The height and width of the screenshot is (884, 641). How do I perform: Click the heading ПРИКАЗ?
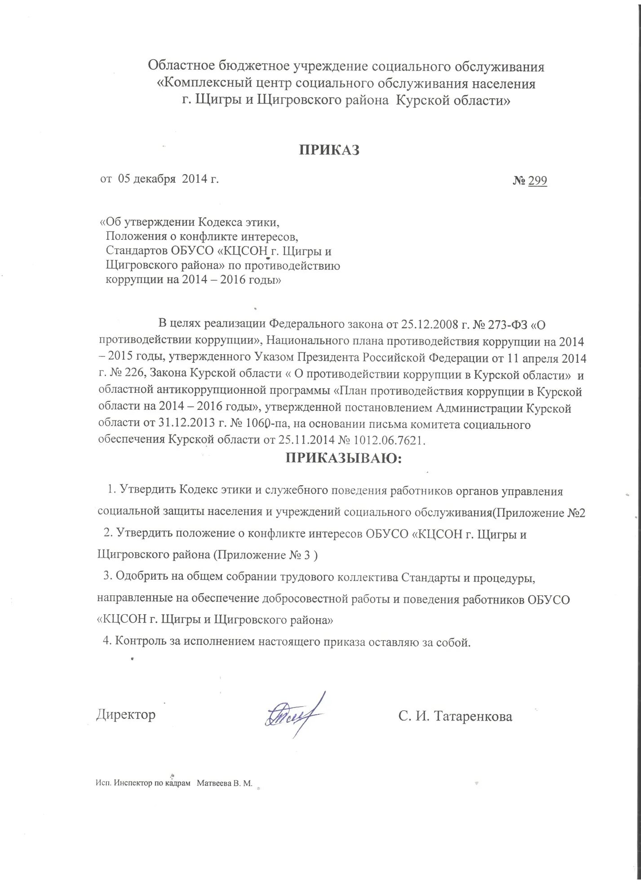pos(329,150)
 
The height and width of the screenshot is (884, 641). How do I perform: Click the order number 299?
pos(537,180)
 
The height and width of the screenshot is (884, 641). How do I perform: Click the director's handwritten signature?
pos(294,715)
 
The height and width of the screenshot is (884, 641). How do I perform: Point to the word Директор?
pos(126,714)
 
